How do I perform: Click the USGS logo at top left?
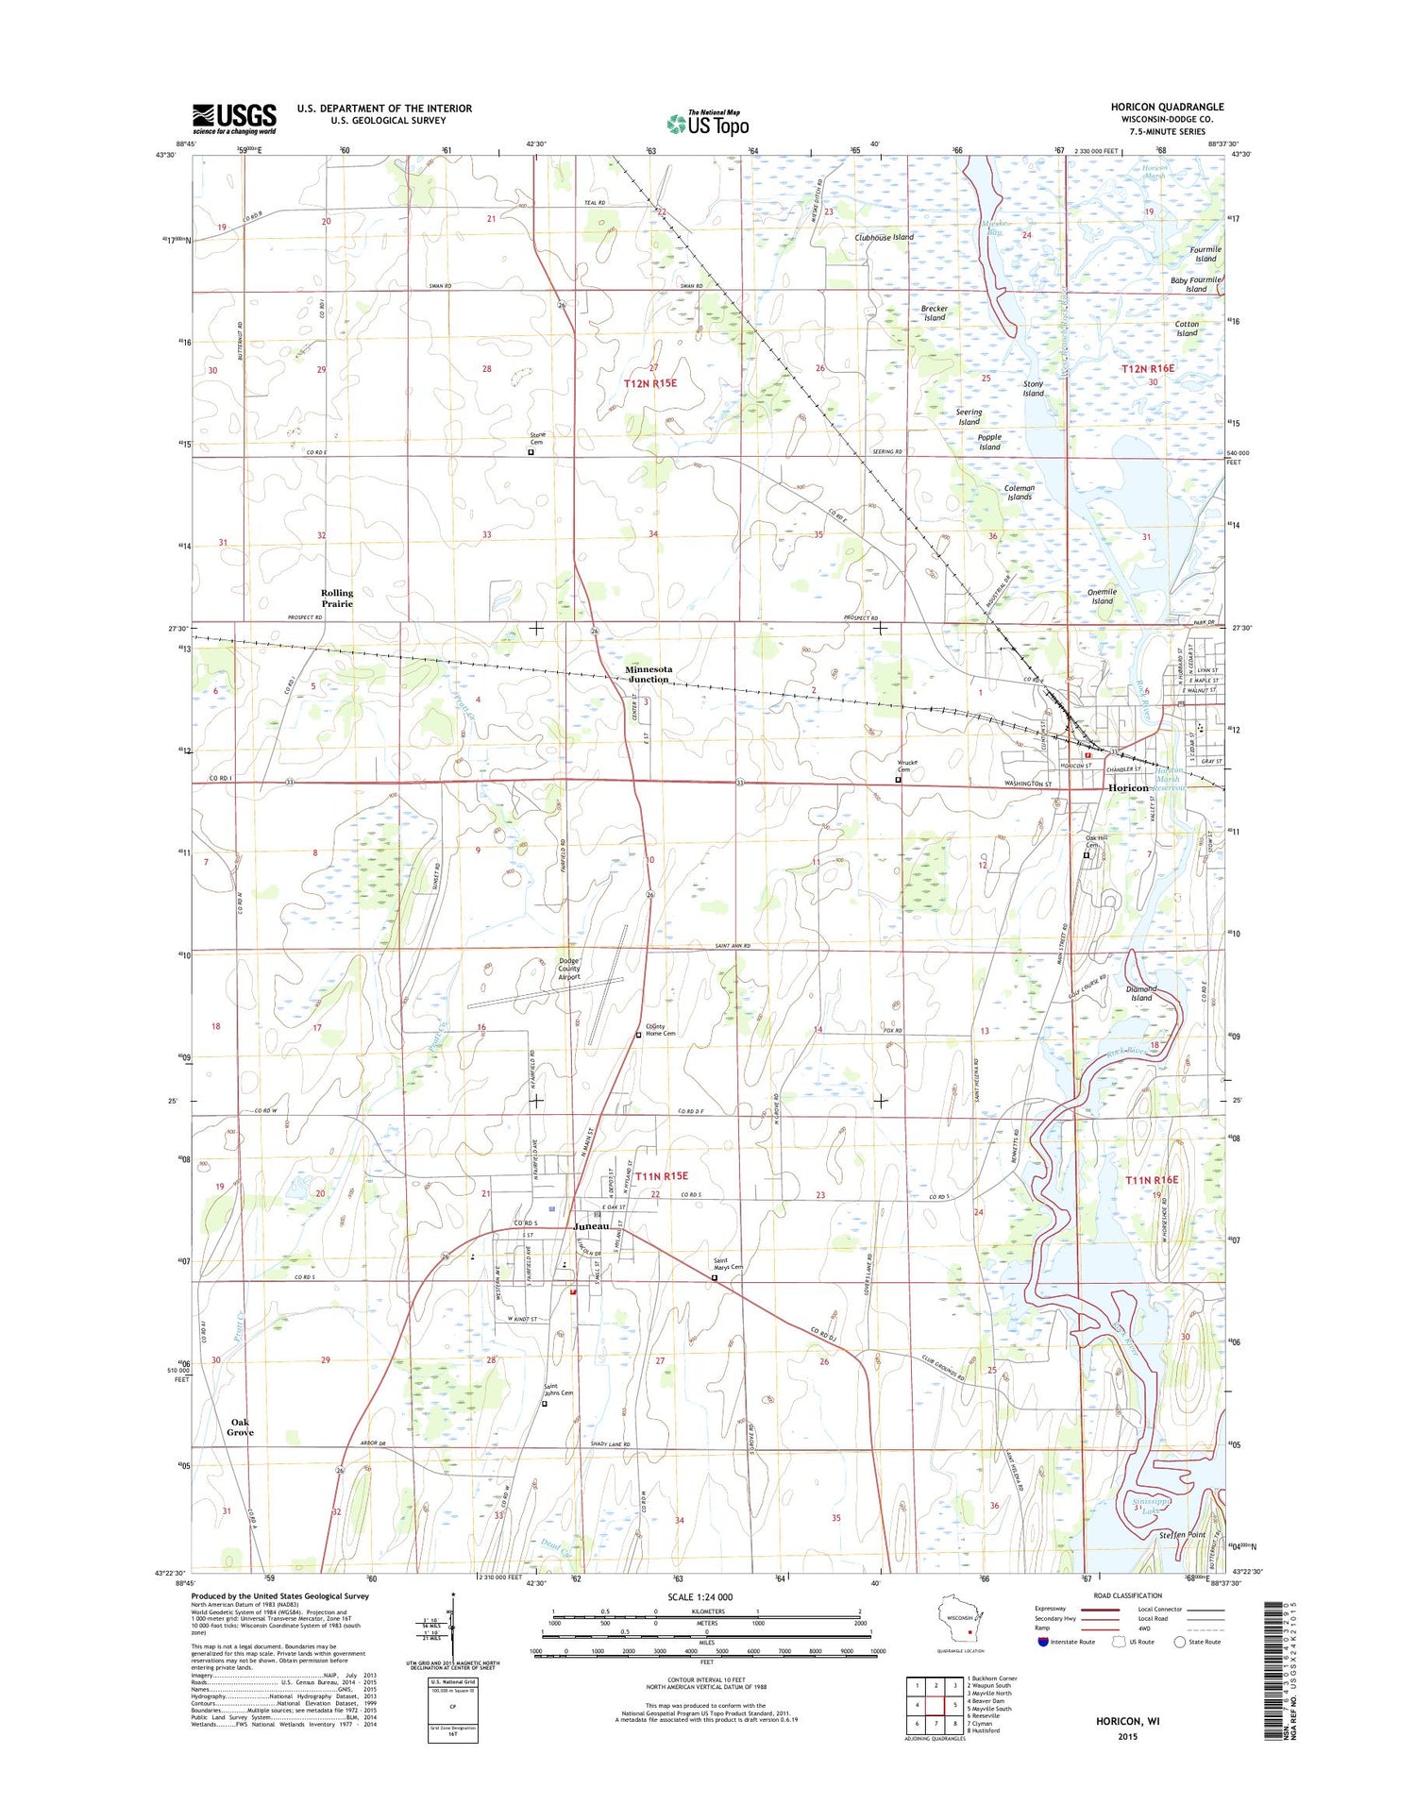(x=234, y=119)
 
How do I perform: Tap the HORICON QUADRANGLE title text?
(x=1167, y=108)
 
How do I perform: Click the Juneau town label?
(x=591, y=1225)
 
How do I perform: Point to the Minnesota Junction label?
(x=649, y=674)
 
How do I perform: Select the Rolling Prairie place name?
(x=337, y=599)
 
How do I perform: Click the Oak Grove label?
(x=240, y=1427)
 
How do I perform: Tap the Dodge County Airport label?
(x=569, y=970)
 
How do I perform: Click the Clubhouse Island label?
(x=884, y=238)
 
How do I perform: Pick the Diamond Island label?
(x=1141, y=993)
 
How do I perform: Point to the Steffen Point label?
(x=1182, y=1535)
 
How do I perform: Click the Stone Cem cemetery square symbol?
(x=531, y=452)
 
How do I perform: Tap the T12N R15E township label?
(x=650, y=383)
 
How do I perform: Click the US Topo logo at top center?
(x=708, y=123)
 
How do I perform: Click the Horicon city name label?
(x=1128, y=787)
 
